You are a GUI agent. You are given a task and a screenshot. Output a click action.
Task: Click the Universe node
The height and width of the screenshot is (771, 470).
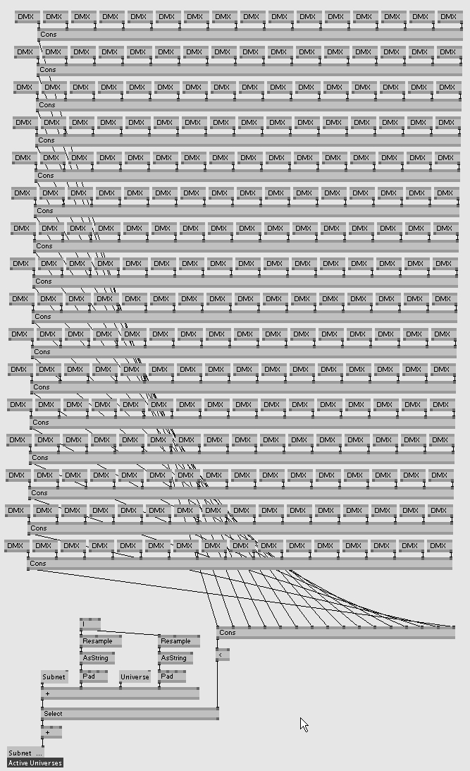pyautogui.click(x=135, y=677)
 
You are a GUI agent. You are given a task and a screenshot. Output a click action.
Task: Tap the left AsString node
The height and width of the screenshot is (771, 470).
pyautogui.click(x=97, y=658)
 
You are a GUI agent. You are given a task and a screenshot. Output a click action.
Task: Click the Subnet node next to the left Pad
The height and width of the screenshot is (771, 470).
pyautogui.click(x=54, y=677)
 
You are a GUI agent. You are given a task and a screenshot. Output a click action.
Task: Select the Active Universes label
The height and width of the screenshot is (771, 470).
pyautogui.click(x=35, y=763)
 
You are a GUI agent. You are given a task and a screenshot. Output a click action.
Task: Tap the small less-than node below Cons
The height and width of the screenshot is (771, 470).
pyautogui.click(x=222, y=655)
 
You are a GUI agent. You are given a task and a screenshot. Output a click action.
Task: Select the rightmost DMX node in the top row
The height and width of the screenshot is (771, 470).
pyautogui.click(x=449, y=16)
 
